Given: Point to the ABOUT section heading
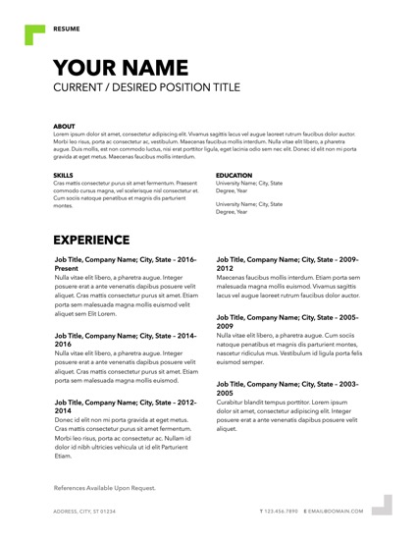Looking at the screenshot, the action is pos(64,126).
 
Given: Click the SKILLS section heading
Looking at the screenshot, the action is pos(64,176).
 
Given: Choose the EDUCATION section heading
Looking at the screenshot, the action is pos(234,176).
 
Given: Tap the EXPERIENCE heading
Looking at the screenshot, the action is pos(104,240).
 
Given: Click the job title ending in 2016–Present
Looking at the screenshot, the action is pos(125,263).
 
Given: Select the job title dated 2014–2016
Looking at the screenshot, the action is pos(125,340).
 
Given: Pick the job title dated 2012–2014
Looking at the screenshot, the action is pos(125,406).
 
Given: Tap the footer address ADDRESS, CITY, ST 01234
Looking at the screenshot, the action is pos(83,512).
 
